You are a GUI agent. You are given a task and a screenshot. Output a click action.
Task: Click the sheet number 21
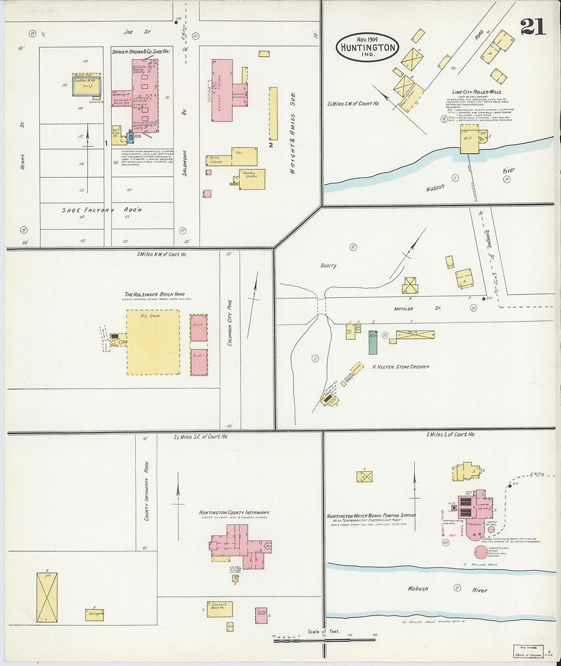pos(532,27)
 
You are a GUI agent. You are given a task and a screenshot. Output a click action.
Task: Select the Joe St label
pos(137,32)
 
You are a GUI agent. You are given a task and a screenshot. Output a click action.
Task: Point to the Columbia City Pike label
pos(230,323)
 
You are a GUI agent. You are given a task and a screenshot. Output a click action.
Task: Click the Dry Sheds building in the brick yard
pos(153,342)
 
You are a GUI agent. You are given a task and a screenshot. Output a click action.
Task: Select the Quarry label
pos(328,265)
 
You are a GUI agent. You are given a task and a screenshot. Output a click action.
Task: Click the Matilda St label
pos(418,309)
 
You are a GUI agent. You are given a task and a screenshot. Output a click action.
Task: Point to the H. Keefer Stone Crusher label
pos(400,366)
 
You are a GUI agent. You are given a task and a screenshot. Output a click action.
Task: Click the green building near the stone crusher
pos(373,342)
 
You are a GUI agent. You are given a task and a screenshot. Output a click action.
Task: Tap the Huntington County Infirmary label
pos(234,512)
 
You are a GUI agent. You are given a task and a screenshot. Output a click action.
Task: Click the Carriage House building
pos(94,614)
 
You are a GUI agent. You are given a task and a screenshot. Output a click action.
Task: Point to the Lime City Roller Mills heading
pos(476,92)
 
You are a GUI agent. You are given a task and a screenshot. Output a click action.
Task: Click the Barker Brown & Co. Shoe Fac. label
pos(141,52)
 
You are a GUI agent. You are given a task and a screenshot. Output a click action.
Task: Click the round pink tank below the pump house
pos(480,552)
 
